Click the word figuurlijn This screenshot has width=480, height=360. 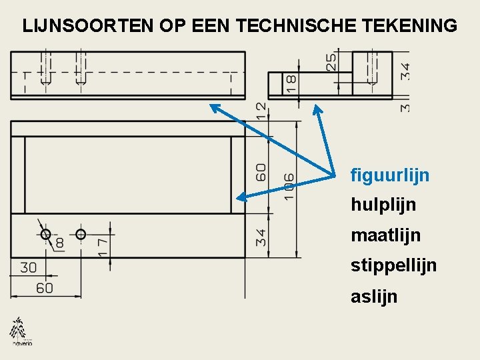point(390,176)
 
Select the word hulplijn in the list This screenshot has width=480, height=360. point(383,205)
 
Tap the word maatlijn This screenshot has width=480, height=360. point(385,235)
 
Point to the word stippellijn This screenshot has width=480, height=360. point(393,266)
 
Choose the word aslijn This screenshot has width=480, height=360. point(374,296)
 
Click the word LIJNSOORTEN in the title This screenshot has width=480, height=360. point(88,26)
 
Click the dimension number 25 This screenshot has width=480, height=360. point(331,63)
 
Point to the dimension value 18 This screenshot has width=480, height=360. point(291,83)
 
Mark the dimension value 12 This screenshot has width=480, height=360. point(261,110)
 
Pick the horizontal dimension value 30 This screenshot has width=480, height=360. point(29,267)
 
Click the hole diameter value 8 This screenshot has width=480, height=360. point(59,243)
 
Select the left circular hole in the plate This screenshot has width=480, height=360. point(45,234)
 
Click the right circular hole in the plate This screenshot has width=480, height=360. point(81,234)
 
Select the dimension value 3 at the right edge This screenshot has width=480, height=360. point(405,107)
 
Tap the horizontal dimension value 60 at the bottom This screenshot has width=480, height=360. point(44,288)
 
